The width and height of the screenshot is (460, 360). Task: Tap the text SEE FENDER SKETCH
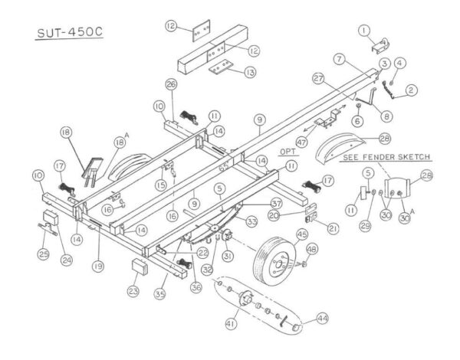click(x=386, y=156)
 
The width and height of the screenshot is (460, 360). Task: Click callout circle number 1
click(x=364, y=30)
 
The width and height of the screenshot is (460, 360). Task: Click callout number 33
click(x=250, y=223)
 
